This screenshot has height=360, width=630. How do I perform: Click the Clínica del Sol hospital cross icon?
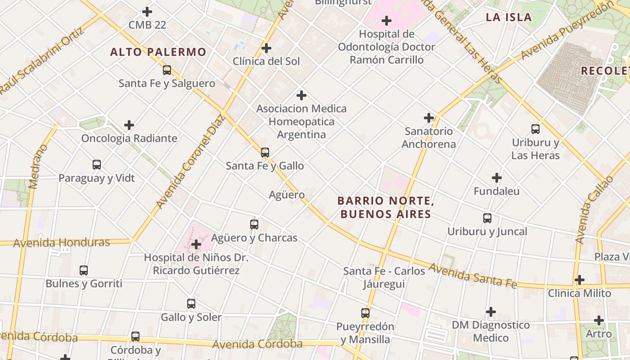pyautogui.click(x=266, y=48)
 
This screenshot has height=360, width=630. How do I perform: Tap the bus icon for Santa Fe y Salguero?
pyautogui.click(x=167, y=70)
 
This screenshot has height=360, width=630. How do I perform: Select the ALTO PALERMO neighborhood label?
pyautogui.click(x=158, y=52)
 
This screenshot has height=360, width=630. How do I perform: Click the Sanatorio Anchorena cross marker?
pyautogui.click(x=429, y=118)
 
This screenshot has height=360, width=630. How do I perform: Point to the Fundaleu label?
pyautogui.click(x=496, y=191)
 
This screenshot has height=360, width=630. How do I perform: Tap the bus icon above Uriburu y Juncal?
pyautogui.click(x=487, y=218)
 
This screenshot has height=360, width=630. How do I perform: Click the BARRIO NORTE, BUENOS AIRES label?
pyautogui.click(x=386, y=207)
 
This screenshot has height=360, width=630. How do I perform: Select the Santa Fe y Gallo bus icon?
pyautogui.click(x=265, y=153)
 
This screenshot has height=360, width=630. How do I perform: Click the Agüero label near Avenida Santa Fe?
pyautogui.click(x=287, y=195)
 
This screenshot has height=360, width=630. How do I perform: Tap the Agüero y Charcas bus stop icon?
pyautogui.click(x=254, y=224)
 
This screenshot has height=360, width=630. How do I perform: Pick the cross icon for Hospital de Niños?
pyautogui.click(x=196, y=244)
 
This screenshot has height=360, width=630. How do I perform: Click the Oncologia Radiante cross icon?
pyautogui.click(x=129, y=125)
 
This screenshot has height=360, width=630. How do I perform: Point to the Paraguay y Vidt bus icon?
pyautogui.click(x=97, y=165)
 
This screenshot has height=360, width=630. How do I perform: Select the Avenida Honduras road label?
pyautogui.click(x=62, y=243)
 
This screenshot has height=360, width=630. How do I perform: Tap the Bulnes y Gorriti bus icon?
pyautogui.click(x=84, y=270)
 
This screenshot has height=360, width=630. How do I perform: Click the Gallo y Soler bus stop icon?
pyautogui.click(x=191, y=304)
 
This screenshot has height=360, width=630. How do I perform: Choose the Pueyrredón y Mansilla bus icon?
pyautogui.click(x=365, y=313)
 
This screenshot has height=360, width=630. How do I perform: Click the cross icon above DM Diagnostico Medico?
pyautogui.click(x=491, y=311)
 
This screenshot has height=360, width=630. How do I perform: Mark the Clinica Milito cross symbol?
pyautogui.click(x=580, y=280)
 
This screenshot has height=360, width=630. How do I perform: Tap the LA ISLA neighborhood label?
pyautogui.click(x=508, y=18)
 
